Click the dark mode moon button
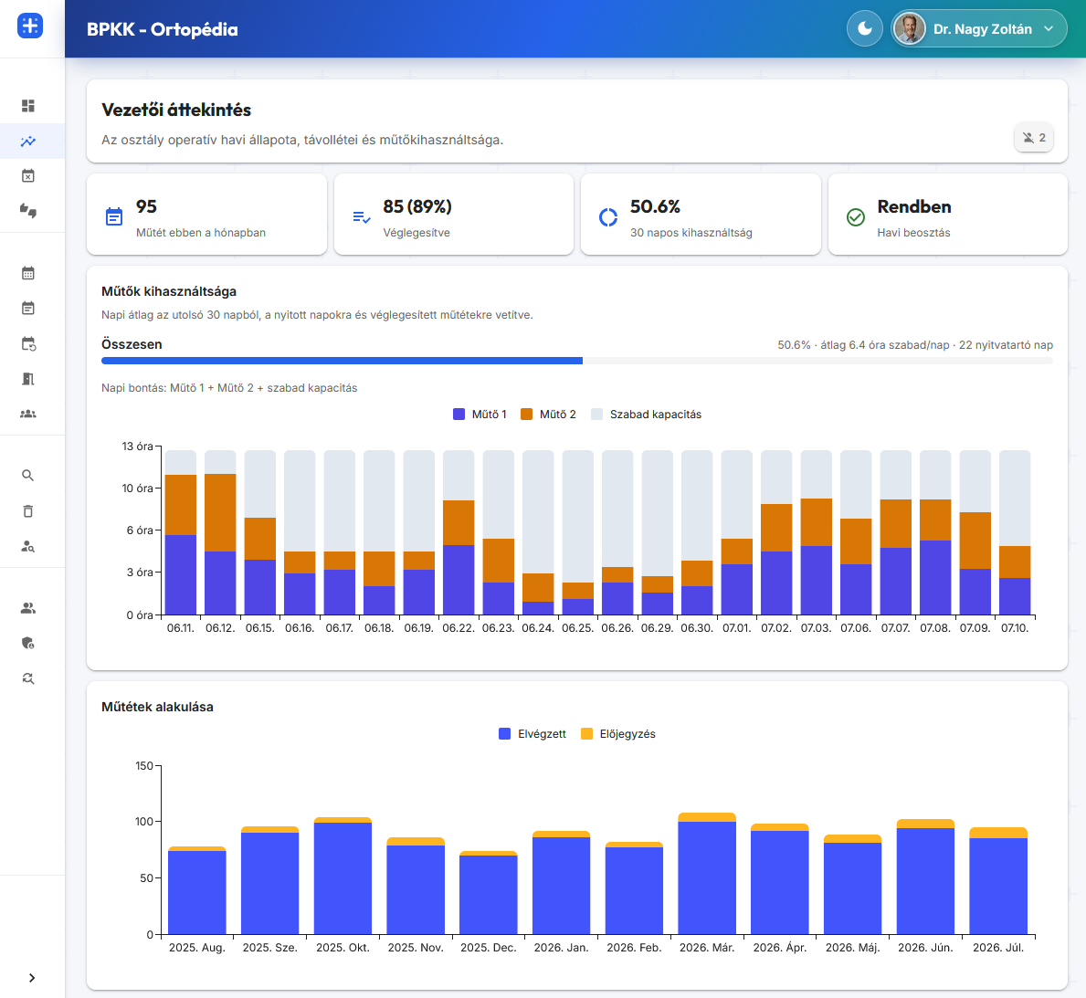coord(864,29)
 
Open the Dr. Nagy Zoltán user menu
coord(978,29)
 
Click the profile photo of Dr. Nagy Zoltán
coord(910,29)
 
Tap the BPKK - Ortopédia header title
coord(162,29)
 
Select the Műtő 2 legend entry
coord(549,415)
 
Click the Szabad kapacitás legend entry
coord(646,415)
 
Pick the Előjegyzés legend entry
coord(618,734)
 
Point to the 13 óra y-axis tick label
coord(137,446)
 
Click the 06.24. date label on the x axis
coord(537,628)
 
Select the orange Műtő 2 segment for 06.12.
coord(220,512)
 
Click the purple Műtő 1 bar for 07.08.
coord(935,578)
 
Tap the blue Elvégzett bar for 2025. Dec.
coord(489,895)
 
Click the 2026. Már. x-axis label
coord(706,948)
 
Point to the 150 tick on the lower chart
coord(144,766)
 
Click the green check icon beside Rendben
coord(855,217)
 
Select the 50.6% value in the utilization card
coord(655,207)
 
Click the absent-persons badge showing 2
coord(1033,138)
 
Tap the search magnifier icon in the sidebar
coord(27,475)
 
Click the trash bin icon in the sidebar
coord(27,511)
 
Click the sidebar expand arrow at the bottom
coord(32,978)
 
